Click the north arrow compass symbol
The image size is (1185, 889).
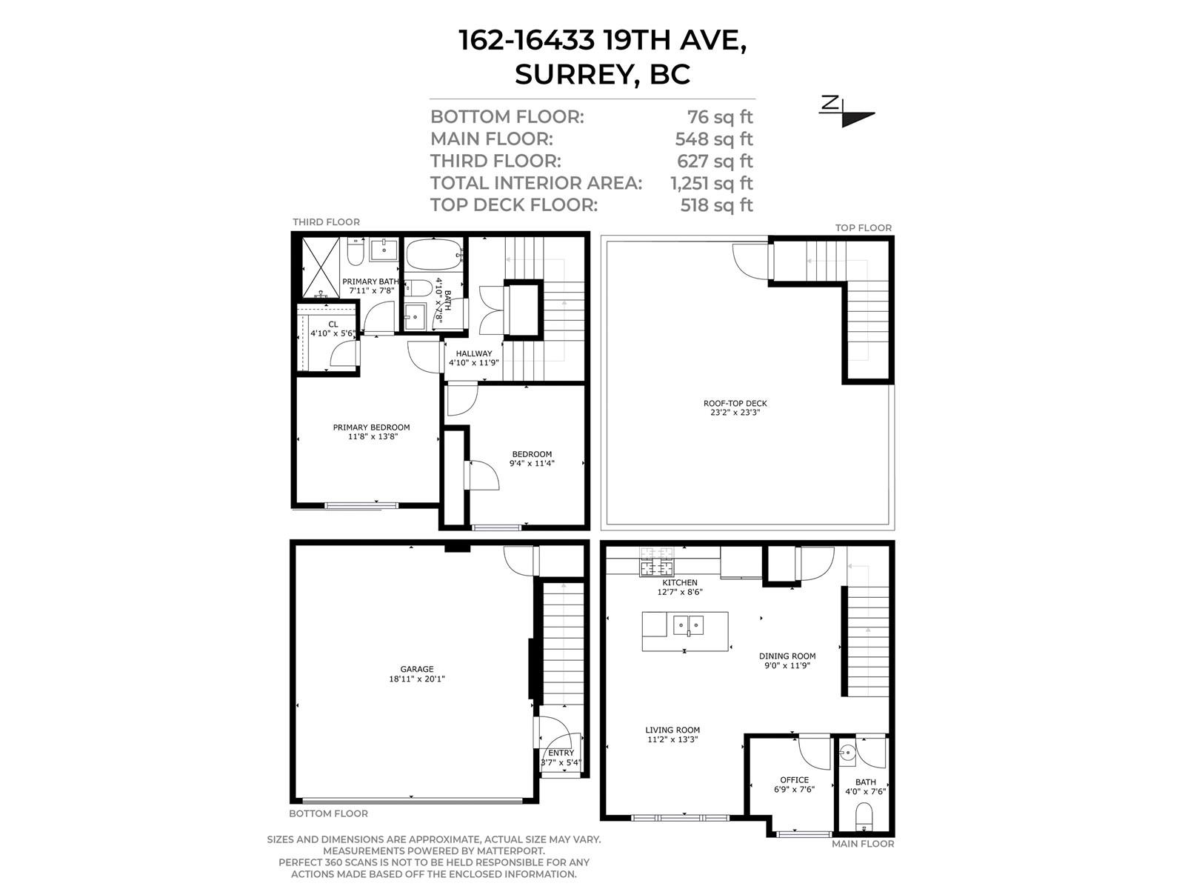846,112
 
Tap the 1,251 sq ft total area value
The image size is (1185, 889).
712,183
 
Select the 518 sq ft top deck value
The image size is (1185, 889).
716,205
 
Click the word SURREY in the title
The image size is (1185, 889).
575,74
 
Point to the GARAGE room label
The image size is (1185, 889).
417,669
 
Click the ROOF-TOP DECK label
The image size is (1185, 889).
735,403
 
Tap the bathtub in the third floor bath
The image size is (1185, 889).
434,254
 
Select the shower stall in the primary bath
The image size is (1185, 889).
321,267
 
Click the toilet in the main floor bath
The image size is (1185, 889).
864,816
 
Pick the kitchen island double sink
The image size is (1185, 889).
688,625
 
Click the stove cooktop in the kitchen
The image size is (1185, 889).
657,562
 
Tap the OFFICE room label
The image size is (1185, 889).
794,780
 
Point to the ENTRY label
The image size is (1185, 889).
561,753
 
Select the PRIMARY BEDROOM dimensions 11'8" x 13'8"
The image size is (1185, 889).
373,436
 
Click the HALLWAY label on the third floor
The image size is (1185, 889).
473,353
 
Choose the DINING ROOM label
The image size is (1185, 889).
787,656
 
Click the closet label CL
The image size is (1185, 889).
333,324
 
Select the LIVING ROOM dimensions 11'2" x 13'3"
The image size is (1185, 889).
672,739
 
